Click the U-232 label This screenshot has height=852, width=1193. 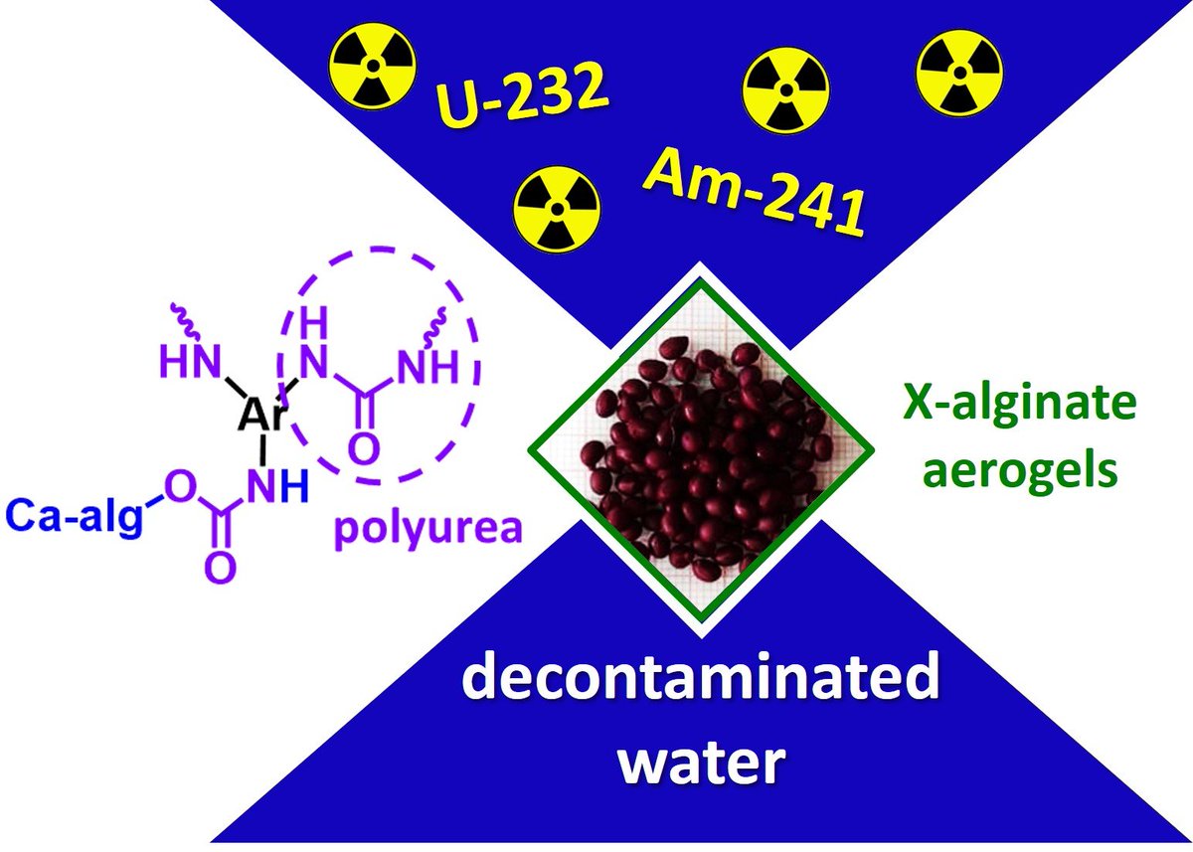click(x=523, y=105)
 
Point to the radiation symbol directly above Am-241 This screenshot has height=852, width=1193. click(x=786, y=88)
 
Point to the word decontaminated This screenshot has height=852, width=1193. click(x=702, y=683)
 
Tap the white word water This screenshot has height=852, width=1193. click(x=702, y=764)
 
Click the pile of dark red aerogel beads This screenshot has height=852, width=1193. click(x=700, y=451)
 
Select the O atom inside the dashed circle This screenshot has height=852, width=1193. click(x=365, y=449)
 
